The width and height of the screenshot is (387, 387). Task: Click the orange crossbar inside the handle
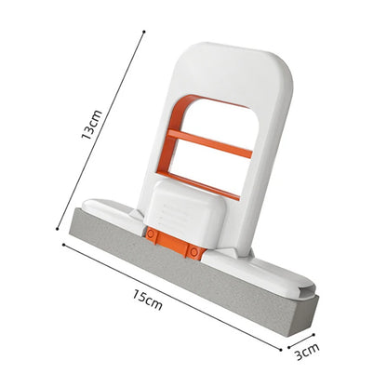[x=211, y=143]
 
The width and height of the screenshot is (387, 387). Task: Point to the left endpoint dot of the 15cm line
[x=63, y=245]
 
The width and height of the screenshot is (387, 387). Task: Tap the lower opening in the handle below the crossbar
[x=210, y=167]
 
